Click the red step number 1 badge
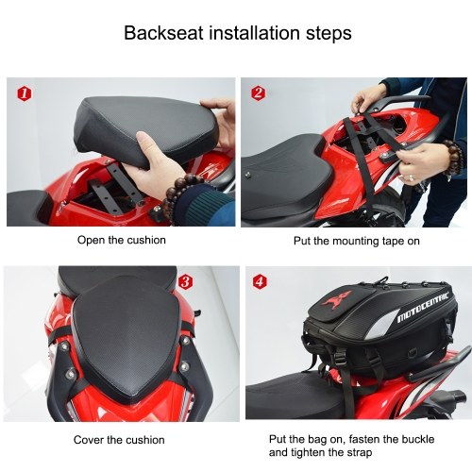click(25, 94)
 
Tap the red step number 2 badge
click(259, 93)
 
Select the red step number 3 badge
click(185, 282)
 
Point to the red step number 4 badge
click(260, 281)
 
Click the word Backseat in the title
click(163, 33)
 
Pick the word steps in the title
click(329, 34)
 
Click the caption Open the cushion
click(122, 240)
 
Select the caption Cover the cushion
click(119, 440)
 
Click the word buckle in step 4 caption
click(418, 439)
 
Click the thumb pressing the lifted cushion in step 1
click(150, 141)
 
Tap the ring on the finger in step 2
click(412, 178)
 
